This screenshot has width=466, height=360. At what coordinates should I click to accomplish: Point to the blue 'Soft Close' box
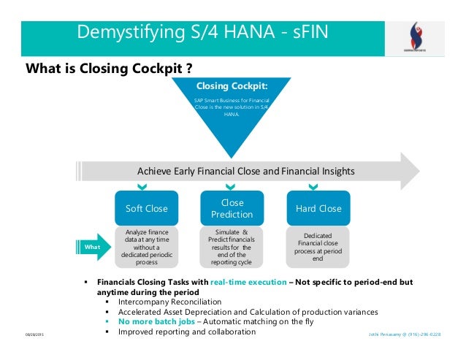click(146, 208)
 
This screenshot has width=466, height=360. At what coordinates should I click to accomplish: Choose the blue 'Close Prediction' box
click(232, 208)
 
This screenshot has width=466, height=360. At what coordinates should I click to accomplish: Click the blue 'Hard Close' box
click(318, 208)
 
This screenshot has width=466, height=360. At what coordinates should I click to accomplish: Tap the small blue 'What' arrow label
click(93, 248)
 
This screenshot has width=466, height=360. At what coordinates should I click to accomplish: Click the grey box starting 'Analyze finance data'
click(146, 247)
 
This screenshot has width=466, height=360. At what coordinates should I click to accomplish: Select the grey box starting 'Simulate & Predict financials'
click(232, 247)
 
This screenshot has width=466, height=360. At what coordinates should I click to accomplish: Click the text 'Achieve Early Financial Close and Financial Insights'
click(246, 171)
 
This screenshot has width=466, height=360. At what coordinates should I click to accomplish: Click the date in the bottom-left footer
click(34, 334)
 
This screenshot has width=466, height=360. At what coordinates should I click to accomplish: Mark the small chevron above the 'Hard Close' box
click(318, 187)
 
